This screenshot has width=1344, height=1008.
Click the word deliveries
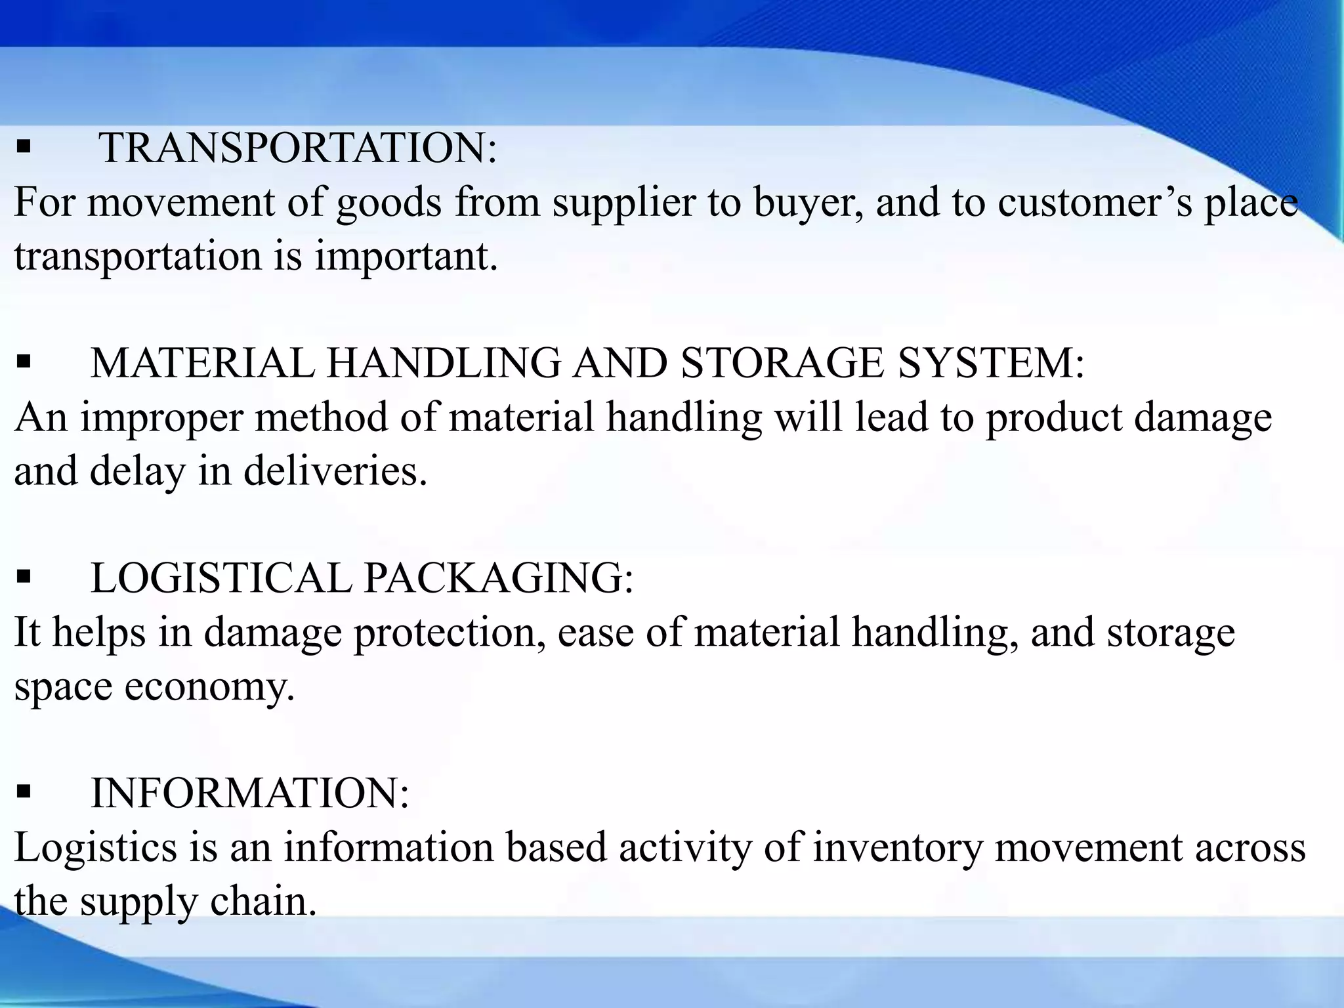click(335, 471)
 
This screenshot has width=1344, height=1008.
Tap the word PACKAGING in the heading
click(498, 578)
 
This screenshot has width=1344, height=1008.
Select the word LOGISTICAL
click(220, 578)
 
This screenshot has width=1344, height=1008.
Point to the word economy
click(209, 688)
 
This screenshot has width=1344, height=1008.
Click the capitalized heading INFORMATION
click(249, 793)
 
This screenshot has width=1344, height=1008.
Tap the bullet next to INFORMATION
click(24, 792)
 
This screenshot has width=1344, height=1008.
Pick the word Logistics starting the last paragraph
click(96, 849)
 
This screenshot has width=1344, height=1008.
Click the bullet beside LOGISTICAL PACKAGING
click(24, 577)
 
